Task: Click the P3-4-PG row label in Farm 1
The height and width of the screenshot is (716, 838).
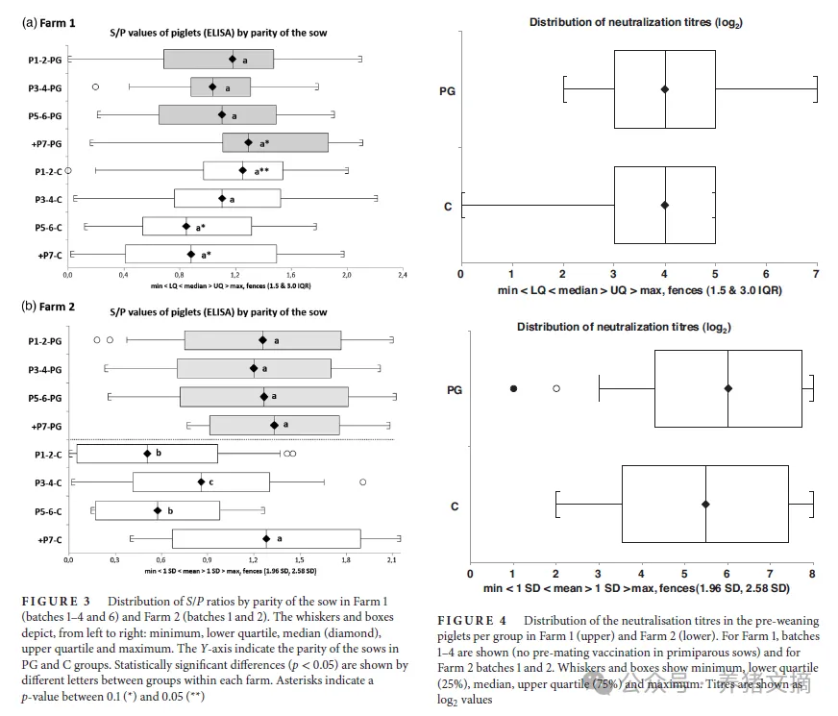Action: coord(44,88)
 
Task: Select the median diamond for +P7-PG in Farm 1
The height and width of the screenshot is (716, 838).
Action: coord(248,142)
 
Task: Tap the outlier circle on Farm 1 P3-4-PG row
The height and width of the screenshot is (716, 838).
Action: coord(95,87)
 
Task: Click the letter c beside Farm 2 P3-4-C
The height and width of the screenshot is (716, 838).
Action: coord(211,481)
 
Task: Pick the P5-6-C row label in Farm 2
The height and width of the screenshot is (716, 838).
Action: coord(43,511)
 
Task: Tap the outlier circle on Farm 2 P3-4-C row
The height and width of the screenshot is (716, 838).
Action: coord(362,481)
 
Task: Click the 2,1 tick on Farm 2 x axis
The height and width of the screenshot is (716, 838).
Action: coord(393,558)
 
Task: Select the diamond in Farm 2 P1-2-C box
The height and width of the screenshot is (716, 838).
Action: coord(147,454)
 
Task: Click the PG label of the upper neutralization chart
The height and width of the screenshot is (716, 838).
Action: coord(446,91)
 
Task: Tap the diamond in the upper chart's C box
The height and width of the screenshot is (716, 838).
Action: coord(665,205)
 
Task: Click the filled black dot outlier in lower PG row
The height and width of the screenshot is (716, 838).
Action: coord(513,388)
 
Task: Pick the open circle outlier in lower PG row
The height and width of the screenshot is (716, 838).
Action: coord(556,388)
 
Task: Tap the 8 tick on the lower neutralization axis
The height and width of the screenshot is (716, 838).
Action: coord(813,574)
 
